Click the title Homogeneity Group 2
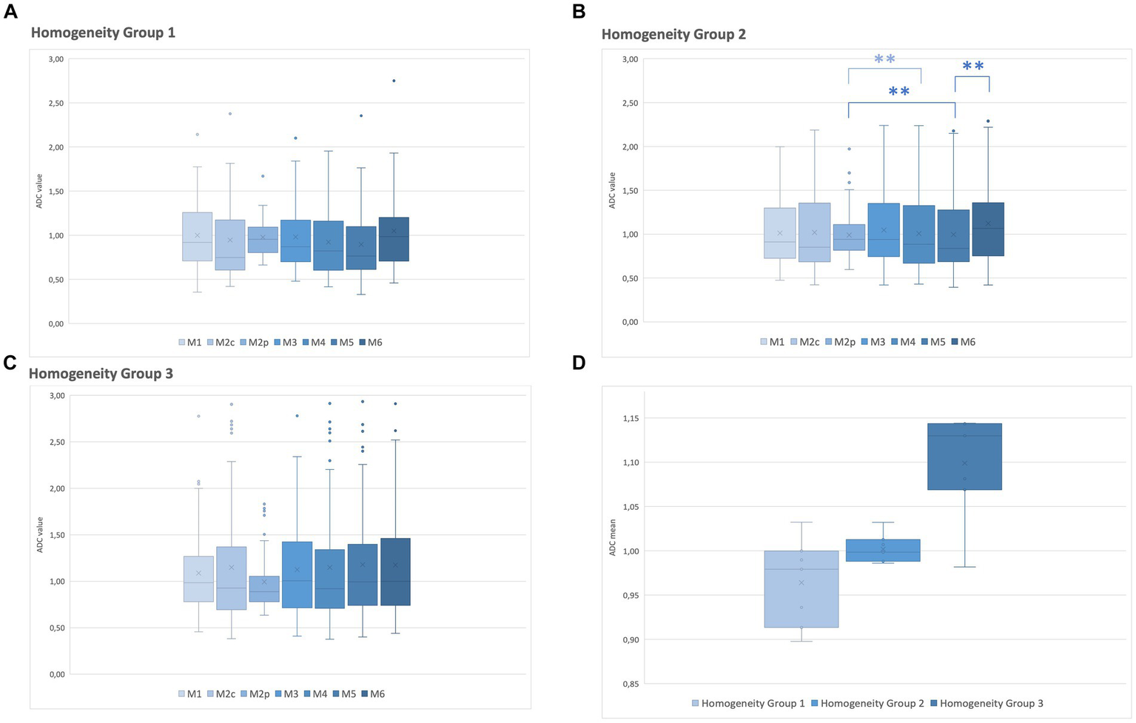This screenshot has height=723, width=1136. [x=673, y=34]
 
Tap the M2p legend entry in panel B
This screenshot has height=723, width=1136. [x=840, y=342]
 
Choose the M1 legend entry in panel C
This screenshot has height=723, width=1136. [x=190, y=694]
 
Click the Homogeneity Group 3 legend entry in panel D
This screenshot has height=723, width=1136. [x=986, y=703]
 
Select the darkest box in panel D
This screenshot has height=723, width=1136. [x=964, y=457]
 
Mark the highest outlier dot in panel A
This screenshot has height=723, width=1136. [x=394, y=81]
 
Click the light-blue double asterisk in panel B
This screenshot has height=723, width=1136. [x=884, y=59]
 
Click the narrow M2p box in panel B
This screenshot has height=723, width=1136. [x=849, y=237]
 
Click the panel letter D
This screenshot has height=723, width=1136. [x=579, y=363]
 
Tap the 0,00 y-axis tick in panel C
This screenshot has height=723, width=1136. [x=55, y=674]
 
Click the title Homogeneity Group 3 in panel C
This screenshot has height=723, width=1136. [x=101, y=374]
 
